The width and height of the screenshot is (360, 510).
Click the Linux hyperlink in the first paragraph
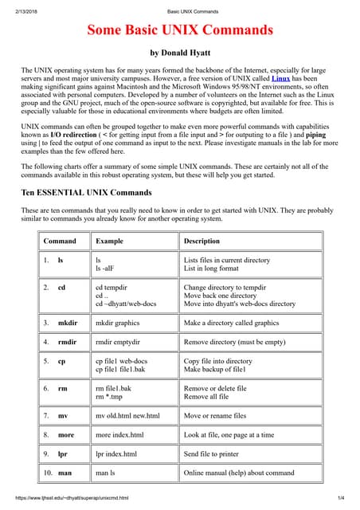click(x=280, y=79)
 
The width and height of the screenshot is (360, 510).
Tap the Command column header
click(x=60, y=241)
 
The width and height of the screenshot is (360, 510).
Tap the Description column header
click(x=202, y=241)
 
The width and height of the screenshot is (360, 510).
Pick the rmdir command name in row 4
click(x=68, y=341)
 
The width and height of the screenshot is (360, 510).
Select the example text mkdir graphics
click(x=118, y=323)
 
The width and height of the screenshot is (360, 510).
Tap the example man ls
click(x=106, y=472)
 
